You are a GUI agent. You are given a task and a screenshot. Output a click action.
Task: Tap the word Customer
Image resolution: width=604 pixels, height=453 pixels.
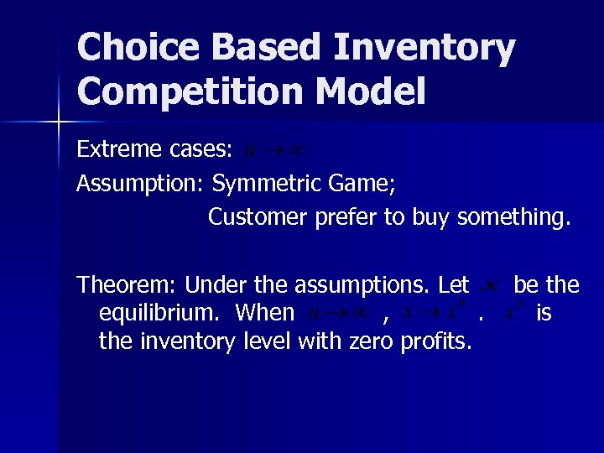coord(258,216)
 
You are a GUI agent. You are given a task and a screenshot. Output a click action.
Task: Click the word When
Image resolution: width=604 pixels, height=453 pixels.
coord(265,313)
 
